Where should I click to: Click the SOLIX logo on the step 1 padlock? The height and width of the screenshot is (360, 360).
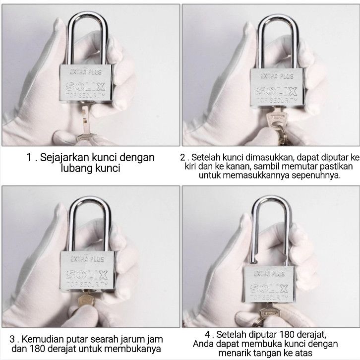85,87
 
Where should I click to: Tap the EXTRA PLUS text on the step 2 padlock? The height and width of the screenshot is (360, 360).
277,76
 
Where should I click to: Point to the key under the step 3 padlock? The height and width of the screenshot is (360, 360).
87,299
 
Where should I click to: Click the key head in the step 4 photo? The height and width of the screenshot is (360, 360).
270,312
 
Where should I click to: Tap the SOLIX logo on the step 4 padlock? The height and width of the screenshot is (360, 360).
269,289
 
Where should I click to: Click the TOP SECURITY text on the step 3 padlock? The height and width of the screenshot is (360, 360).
87,285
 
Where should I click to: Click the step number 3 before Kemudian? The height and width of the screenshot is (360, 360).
12,339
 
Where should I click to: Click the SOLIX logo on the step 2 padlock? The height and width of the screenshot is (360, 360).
277,91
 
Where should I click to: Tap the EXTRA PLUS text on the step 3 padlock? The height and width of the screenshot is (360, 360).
87,259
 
